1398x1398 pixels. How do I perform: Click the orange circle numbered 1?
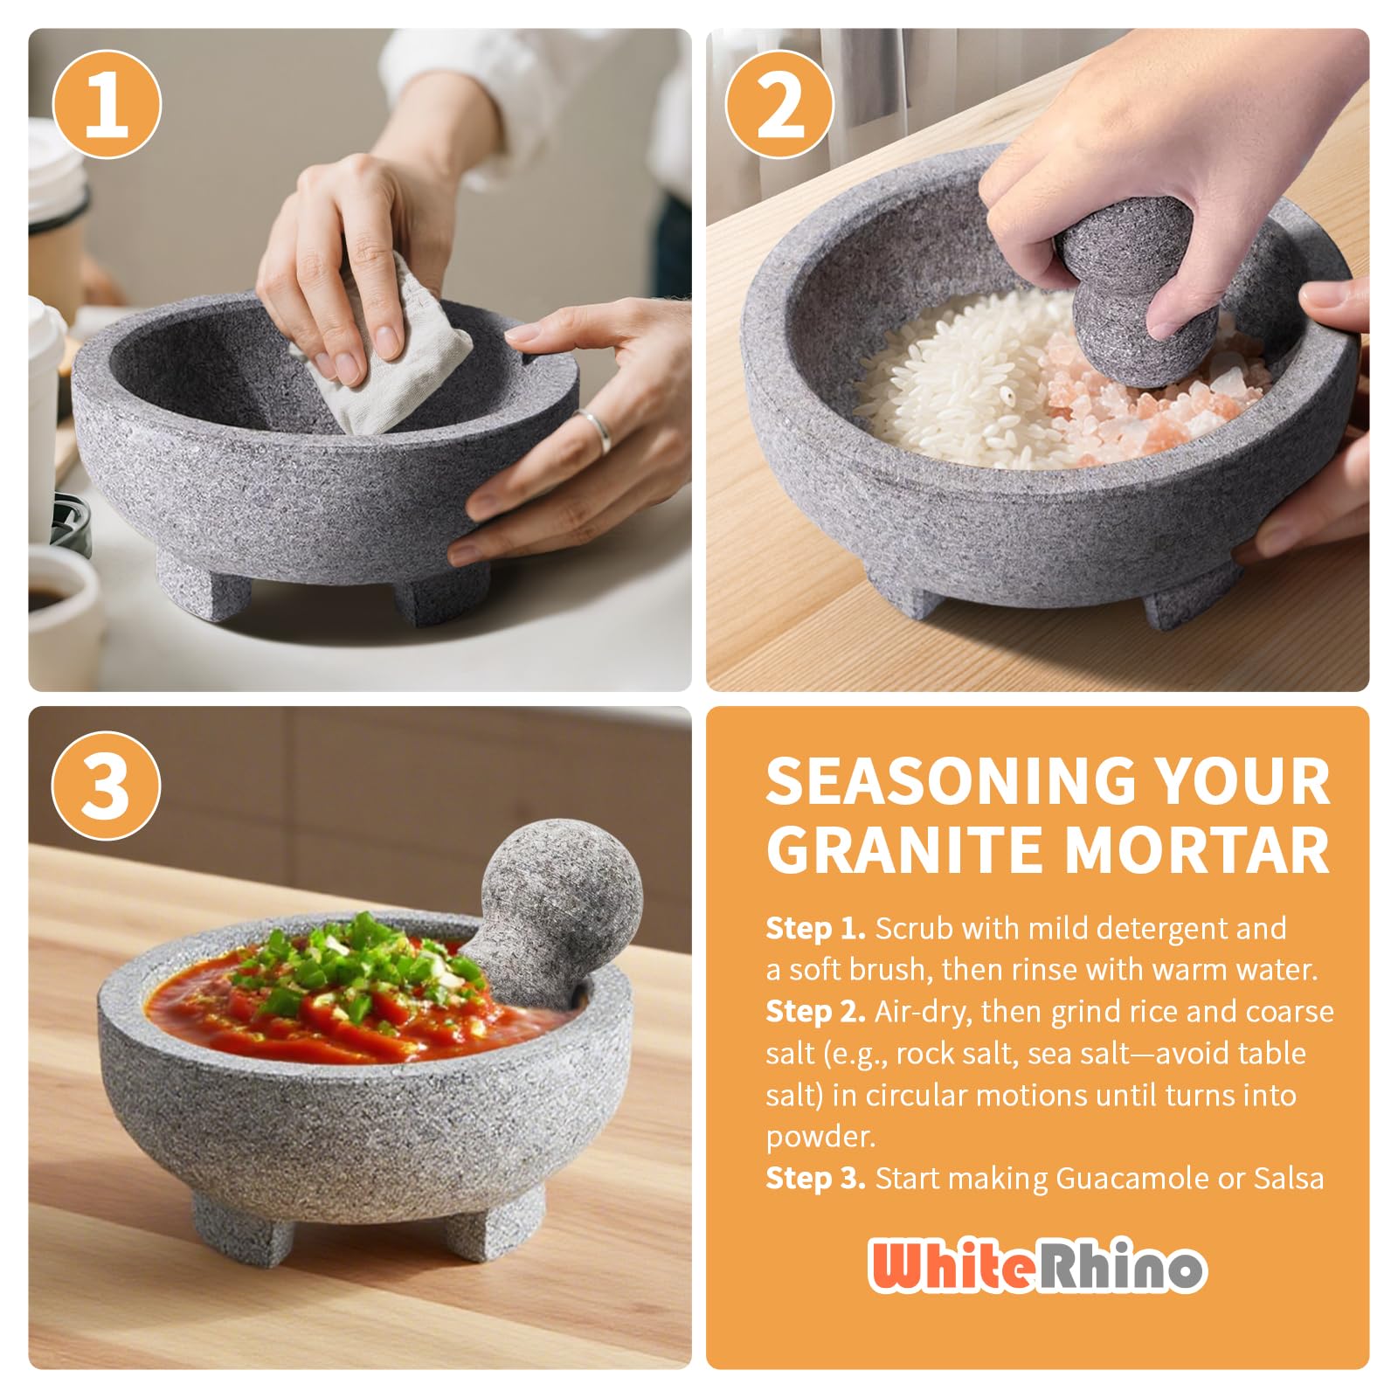pos(107,106)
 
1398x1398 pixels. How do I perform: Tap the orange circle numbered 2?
pos(780,106)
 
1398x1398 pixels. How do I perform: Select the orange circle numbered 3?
pos(107,785)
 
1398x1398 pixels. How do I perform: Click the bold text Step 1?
pos(815,929)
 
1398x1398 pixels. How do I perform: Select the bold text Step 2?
pos(816,1012)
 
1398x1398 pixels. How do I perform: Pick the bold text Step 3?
pos(816,1179)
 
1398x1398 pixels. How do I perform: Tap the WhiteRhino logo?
pos(1037,1265)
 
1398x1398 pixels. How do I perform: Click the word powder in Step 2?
pos(820,1138)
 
